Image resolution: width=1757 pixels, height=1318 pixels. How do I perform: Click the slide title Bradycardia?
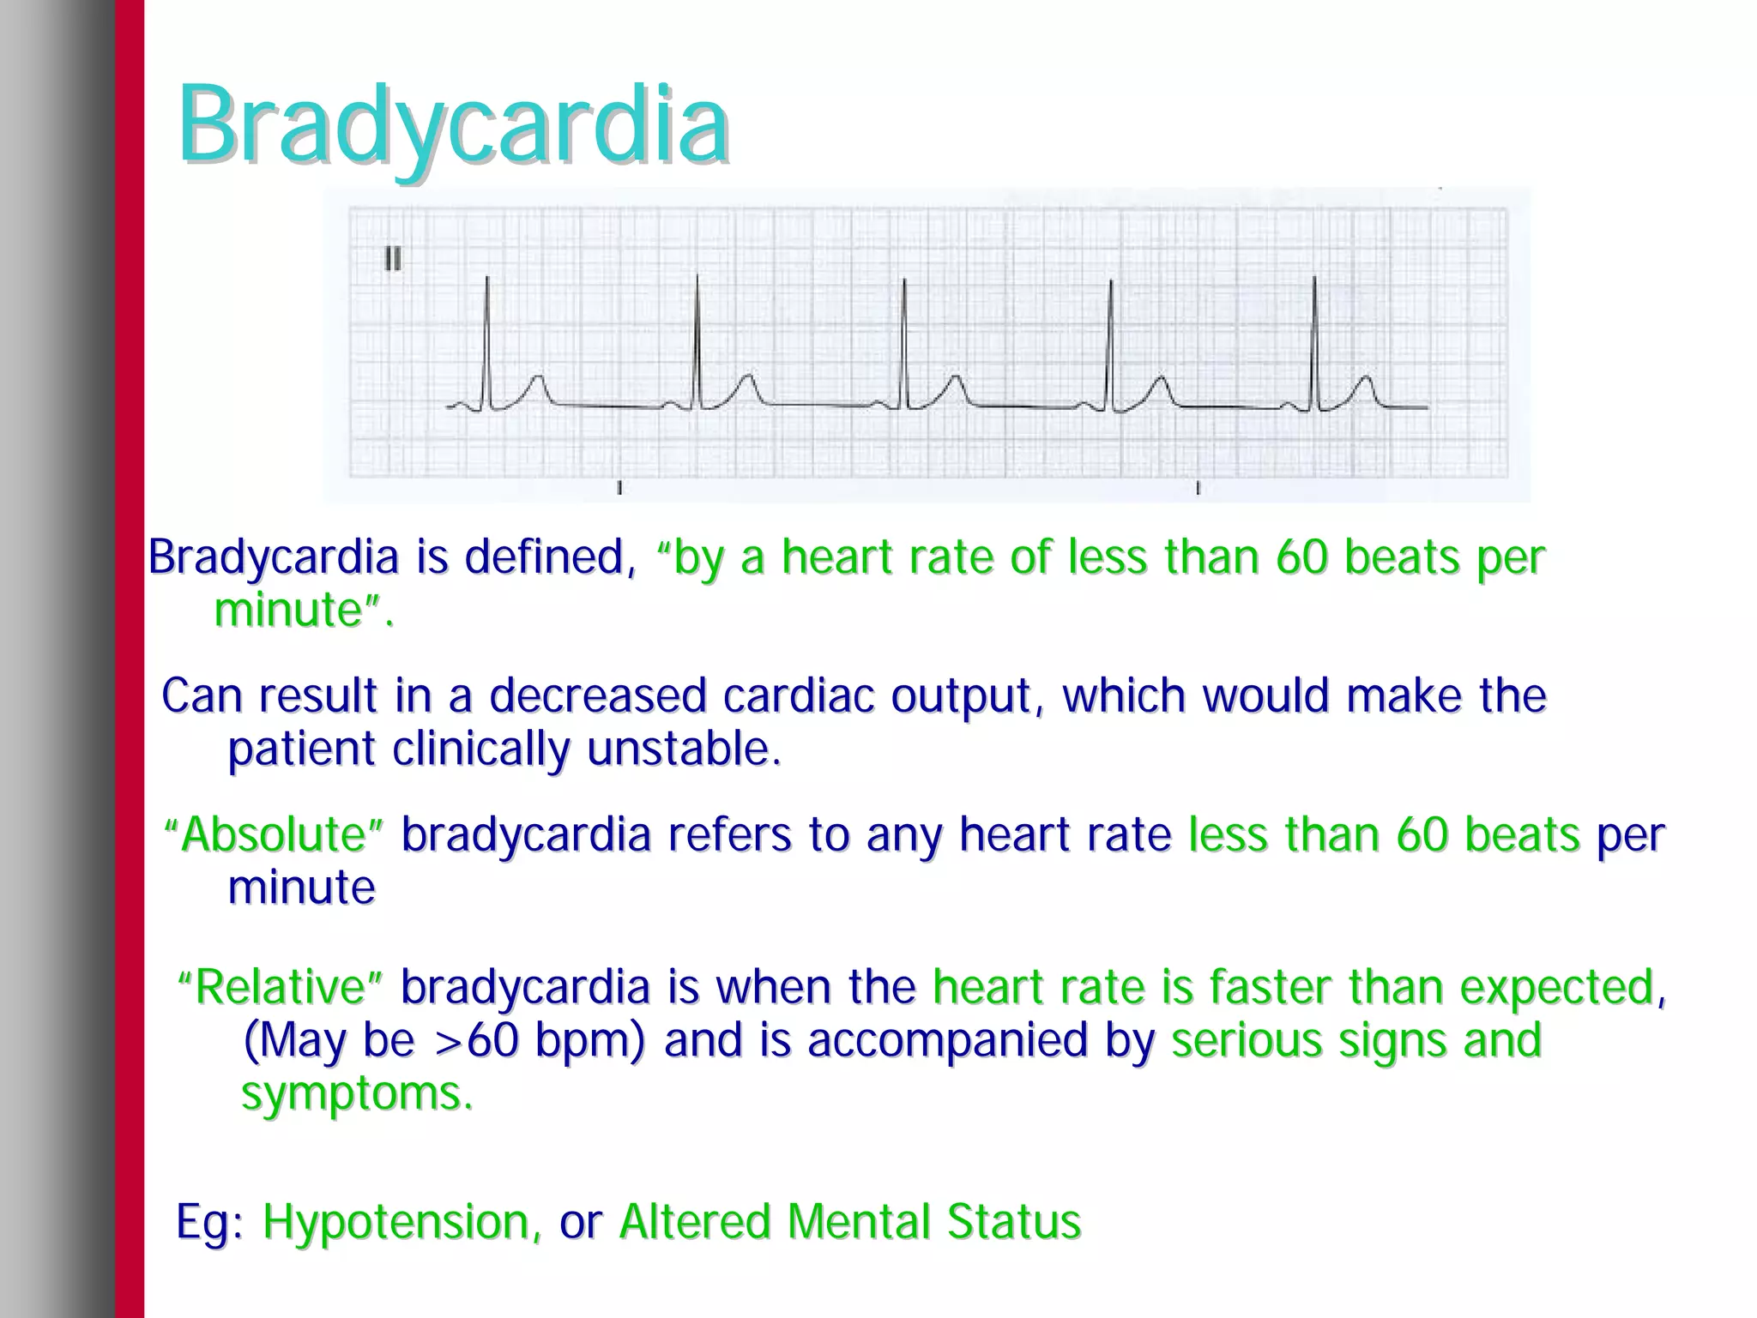(453, 127)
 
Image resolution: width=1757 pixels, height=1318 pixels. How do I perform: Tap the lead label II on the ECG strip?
(393, 258)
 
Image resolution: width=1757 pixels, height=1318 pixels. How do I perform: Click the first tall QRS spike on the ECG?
(487, 343)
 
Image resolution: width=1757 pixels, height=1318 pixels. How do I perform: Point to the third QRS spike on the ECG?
(903, 343)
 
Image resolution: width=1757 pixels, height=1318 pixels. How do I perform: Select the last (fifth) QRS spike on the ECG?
(1314, 343)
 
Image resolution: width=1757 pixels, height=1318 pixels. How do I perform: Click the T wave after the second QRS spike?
(748, 386)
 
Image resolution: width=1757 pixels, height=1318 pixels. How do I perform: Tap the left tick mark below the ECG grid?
(619, 488)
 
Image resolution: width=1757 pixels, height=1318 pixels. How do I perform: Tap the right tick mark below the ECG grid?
(1198, 488)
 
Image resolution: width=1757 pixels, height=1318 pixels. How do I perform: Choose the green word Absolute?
(274, 834)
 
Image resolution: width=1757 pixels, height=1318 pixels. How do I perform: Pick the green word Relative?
(280, 987)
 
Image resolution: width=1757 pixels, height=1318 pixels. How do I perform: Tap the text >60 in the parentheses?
(477, 1040)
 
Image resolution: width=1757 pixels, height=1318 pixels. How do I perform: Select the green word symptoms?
(356, 1093)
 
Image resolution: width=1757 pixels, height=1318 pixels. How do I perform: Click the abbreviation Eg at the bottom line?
(202, 1221)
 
